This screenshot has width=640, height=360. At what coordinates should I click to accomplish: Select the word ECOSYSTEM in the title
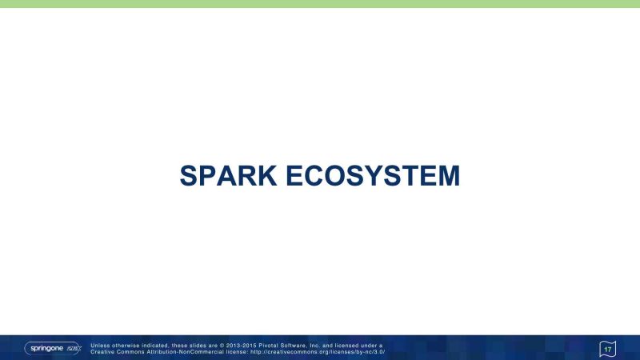[373, 176]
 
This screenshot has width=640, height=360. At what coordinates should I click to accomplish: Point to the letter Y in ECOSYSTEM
[373, 176]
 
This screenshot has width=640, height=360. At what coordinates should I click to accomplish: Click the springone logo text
[46, 348]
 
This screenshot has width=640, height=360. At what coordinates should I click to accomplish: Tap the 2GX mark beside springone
[74, 348]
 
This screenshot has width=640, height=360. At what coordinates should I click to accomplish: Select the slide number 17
[608, 350]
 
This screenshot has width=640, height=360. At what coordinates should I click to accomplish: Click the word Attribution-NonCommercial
[179, 352]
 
